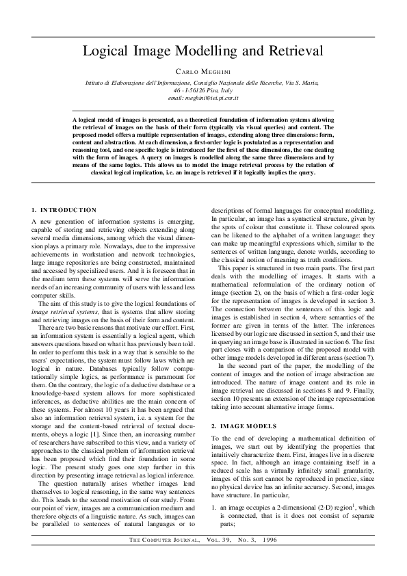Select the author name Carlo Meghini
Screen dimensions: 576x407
click(203, 71)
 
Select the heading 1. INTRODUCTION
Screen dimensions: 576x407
click(64, 209)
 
